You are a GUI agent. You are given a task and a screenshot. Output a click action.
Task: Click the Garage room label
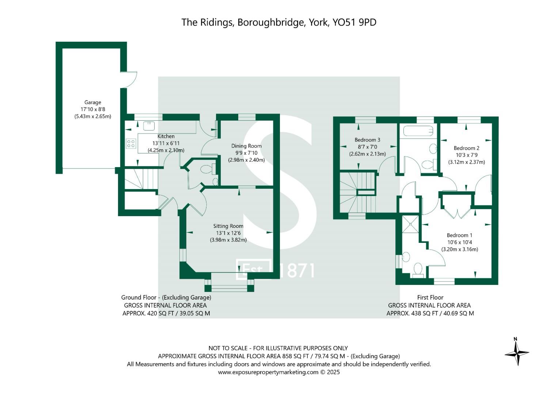tap(92, 102)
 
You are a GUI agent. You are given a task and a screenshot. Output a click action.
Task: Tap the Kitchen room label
tap(166, 136)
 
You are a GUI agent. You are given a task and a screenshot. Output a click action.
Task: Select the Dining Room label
tap(246, 146)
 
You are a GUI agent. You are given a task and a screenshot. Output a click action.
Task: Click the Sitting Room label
tap(228, 226)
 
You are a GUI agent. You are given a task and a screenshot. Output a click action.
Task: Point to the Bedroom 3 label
tap(367, 140)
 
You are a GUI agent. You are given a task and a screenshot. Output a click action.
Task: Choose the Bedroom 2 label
tap(466, 148)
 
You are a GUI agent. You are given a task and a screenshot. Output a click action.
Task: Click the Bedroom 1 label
tap(459, 235)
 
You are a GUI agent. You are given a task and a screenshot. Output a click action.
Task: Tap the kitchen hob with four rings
tap(131, 143)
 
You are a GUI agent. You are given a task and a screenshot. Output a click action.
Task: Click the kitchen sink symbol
tap(149, 126)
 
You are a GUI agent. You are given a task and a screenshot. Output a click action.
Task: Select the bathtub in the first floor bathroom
tap(416, 131)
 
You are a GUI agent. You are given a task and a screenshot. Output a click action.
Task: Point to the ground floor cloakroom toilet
tap(207, 169)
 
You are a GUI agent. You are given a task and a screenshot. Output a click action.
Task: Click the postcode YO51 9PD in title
tap(354, 22)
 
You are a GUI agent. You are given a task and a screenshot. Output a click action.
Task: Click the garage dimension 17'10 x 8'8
tap(93, 109)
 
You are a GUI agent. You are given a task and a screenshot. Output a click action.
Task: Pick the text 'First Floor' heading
tap(430, 297)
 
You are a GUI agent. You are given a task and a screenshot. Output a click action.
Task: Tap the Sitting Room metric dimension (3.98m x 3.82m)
tap(228, 240)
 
